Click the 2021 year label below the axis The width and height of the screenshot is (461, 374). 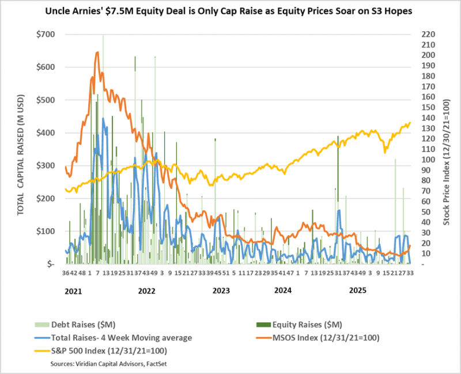click(73, 291)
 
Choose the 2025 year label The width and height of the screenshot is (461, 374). click(358, 291)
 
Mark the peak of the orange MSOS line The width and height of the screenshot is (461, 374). click(97, 52)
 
